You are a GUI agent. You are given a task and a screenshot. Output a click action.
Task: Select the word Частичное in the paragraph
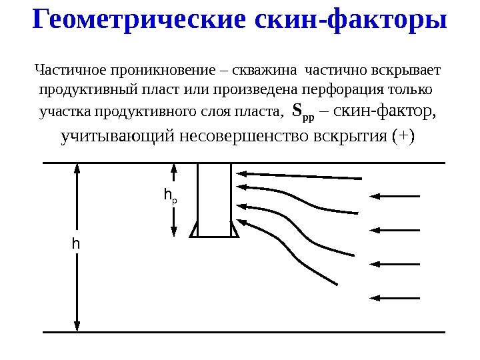[67, 70]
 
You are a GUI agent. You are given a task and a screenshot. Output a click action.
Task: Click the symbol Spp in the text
[303, 111]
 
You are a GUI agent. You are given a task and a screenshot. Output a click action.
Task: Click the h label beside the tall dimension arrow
[76, 244]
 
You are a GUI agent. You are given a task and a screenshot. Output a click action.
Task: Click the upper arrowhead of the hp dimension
[174, 170]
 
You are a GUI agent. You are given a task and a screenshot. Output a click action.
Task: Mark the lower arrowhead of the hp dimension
[174, 230]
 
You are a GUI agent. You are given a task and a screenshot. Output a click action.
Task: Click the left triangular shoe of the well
[195, 231]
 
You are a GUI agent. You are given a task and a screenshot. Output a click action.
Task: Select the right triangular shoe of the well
[234, 231]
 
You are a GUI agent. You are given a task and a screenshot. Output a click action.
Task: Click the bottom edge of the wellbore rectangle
[215, 237]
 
